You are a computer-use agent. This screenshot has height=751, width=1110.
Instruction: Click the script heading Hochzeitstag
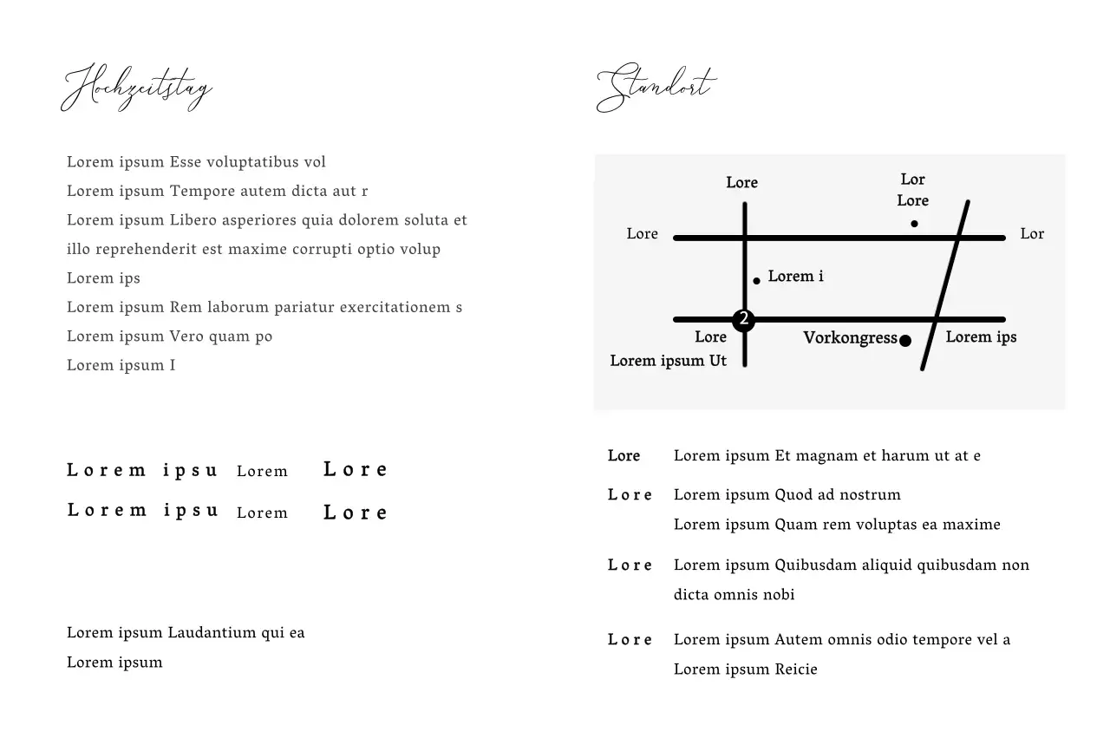(136, 88)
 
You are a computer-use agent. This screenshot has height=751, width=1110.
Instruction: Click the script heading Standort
(656, 88)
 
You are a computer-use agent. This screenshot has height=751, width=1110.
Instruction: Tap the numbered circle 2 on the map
(743, 319)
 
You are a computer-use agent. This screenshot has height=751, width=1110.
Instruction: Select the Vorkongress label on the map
(850, 338)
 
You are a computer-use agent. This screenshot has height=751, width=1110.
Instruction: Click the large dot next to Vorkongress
(905, 341)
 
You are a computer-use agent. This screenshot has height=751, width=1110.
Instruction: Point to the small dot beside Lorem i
(756, 280)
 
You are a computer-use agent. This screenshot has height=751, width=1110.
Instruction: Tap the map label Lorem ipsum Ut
(668, 361)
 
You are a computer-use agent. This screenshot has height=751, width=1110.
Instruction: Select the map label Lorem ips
(981, 337)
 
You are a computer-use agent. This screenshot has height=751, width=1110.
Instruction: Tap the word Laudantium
(212, 633)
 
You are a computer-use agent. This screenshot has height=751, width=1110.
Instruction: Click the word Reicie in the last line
(796, 669)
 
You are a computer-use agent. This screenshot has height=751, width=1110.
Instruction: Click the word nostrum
(870, 495)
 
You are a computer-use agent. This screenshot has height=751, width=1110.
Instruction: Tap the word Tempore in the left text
(201, 192)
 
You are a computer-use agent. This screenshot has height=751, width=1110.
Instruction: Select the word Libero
(193, 220)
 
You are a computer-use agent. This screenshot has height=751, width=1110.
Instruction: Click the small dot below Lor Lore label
(914, 224)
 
